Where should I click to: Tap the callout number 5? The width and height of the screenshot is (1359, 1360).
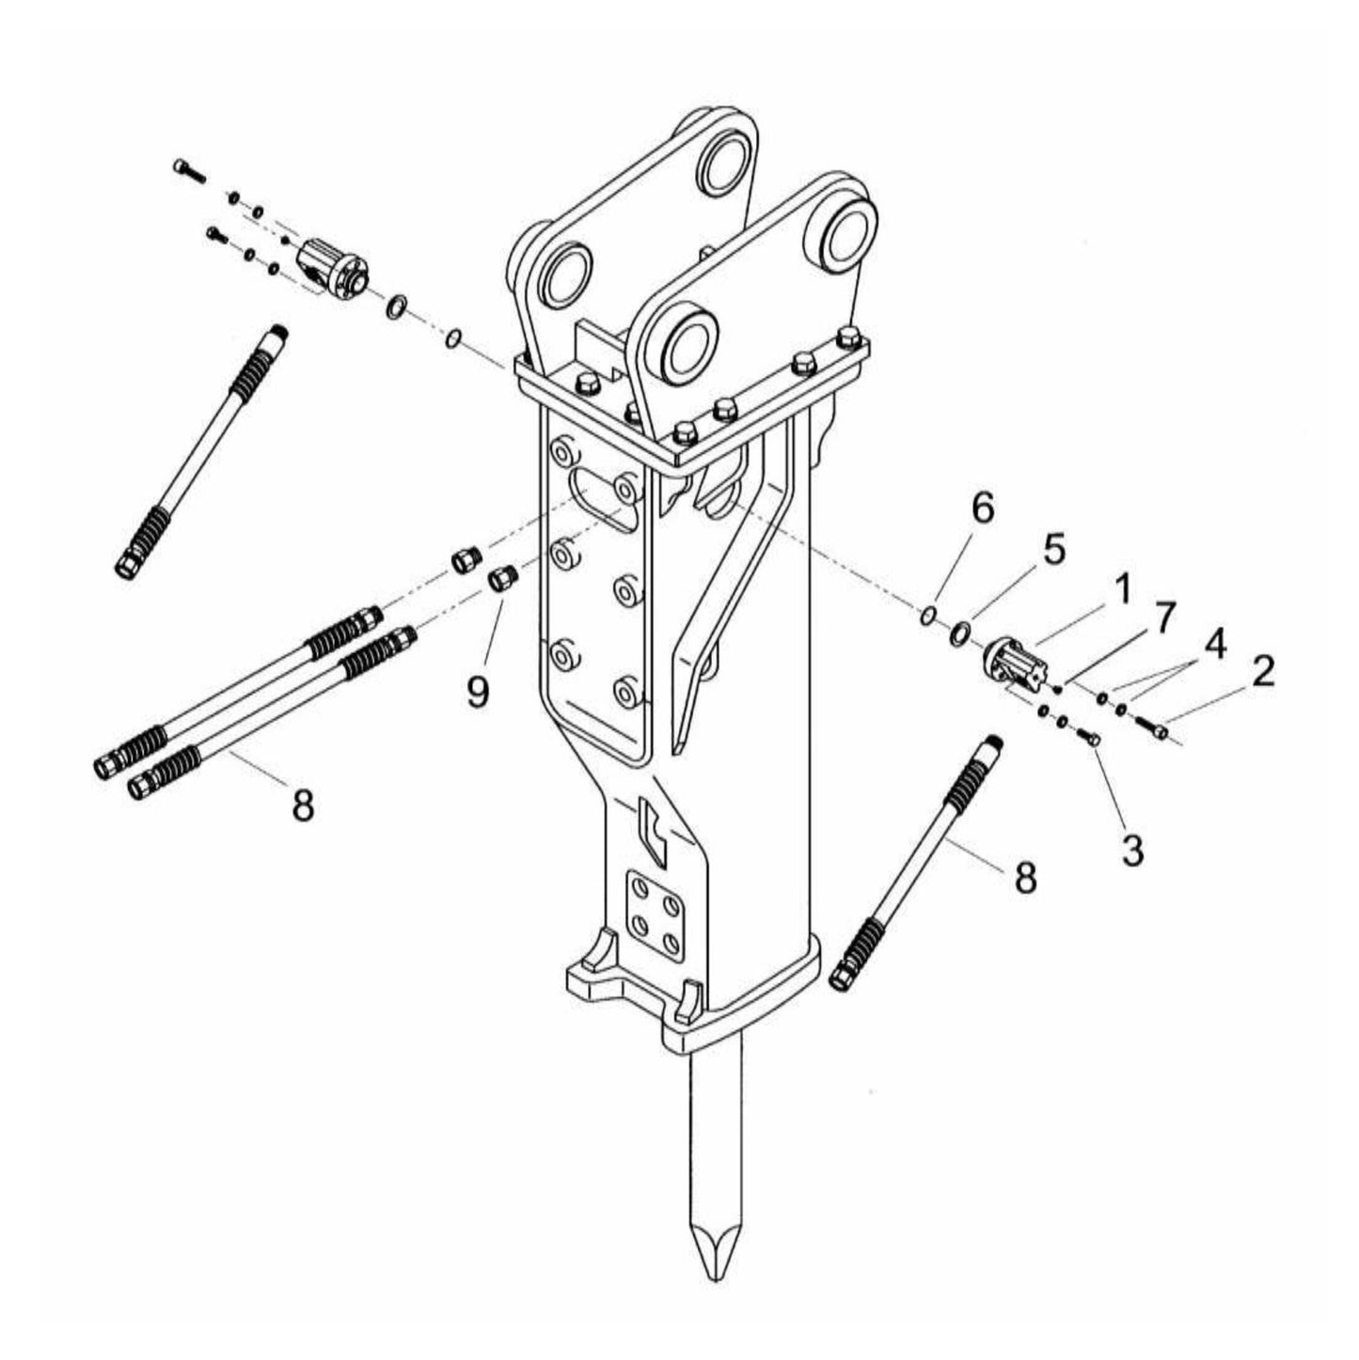(x=1053, y=550)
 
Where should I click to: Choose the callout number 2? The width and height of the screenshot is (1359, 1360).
(x=1261, y=671)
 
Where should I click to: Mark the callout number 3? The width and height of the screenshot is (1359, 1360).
(x=1132, y=850)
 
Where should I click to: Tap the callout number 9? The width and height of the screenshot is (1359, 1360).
(x=478, y=693)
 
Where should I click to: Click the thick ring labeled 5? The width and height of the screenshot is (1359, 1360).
(x=960, y=633)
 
